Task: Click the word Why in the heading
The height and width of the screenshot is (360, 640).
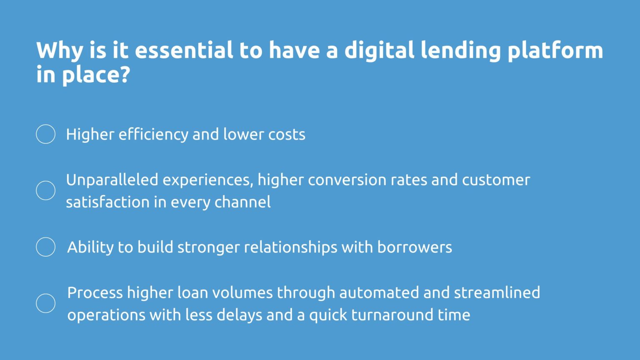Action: (59, 50)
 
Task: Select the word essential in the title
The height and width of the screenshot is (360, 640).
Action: (184, 50)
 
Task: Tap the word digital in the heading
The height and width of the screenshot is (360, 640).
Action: (379, 50)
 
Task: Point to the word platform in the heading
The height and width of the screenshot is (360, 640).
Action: (555, 50)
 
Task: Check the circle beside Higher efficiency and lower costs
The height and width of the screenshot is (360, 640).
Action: (46, 134)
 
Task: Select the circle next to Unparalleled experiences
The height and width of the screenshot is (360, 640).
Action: (46, 190)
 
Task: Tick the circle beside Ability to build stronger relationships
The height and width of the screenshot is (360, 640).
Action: (46, 247)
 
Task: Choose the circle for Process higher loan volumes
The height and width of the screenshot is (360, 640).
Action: (46, 303)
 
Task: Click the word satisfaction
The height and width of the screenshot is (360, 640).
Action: (107, 202)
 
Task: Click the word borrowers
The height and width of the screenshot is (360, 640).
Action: (415, 247)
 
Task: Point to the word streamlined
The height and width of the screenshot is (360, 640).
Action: (497, 293)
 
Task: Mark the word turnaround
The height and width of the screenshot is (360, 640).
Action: (392, 315)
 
